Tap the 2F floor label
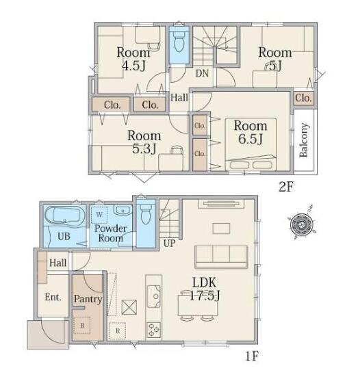tap(286, 186)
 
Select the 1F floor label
tap(252, 356)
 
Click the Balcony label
tap(304, 140)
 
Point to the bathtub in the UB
tap(65, 216)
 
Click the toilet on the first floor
tap(146, 213)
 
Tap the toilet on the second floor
tap(179, 42)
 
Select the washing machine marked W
tap(99, 215)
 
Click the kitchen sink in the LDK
tap(154, 296)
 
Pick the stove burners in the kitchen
tap(154, 330)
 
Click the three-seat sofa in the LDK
tap(221, 257)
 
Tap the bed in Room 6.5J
tap(250, 144)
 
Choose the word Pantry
tap(88, 299)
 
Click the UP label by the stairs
tap(169, 244)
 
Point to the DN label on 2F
tap(202, 73)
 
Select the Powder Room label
tap(110, 233)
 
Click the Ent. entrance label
tap(53, 297)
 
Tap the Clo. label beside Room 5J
tap(303, 98)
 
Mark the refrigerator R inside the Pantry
tap(82, 326)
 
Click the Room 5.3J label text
tap(144, 142)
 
